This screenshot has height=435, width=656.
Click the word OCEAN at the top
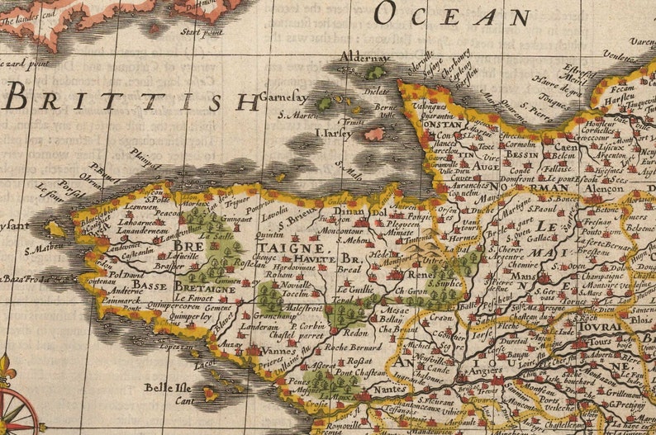[x=451, y=14]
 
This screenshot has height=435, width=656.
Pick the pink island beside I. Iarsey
[x=374, y=134]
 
